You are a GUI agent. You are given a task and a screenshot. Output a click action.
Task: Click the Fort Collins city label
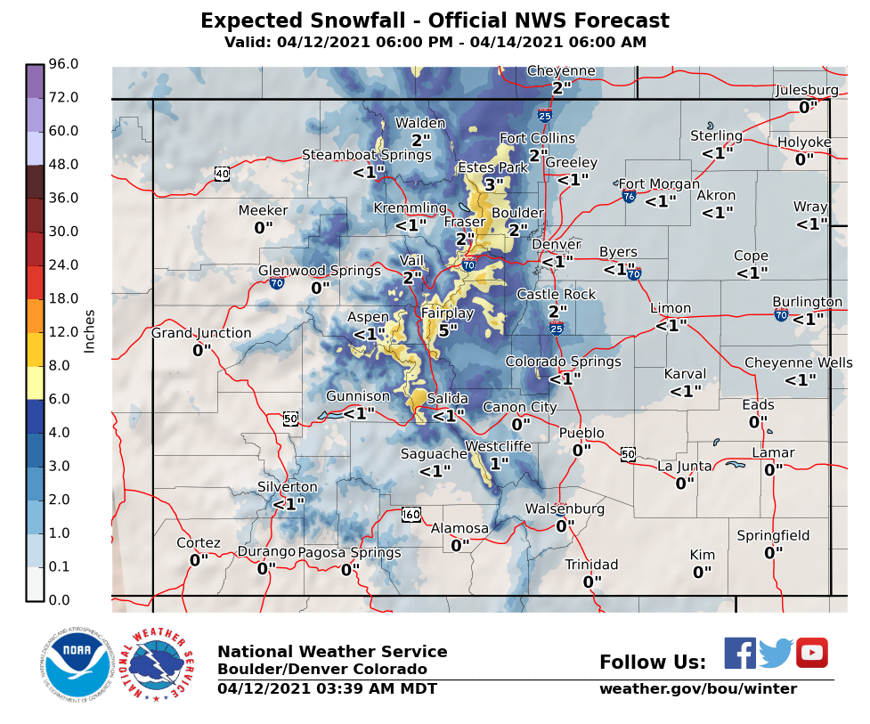pyautogui.click(x=537, y=138)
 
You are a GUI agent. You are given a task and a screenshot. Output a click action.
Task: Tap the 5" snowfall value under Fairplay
pyautogui.click(x=448, y=329)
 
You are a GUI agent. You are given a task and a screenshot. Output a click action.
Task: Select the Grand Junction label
pyautogui.click(x=201, y=333)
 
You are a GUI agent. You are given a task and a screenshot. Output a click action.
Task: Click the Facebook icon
pyautogui.click(x=739, y=653)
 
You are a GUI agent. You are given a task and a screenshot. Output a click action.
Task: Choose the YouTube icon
pyautogui.click(x=811, y=653)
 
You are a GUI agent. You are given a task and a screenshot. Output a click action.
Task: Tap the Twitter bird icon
pyautogui.click(x=776, y=654)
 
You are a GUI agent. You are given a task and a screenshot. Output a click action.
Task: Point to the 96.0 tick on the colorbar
pyautogui.click(x=64, y=64)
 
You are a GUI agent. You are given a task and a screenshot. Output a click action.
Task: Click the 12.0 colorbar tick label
pyautogui.click(x=64, y=331)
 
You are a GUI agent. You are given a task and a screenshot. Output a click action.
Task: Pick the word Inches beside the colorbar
pyautogui.click(x=89, y=331)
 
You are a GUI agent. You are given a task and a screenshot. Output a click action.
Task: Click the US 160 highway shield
pyautogui.click(x=411, y=514)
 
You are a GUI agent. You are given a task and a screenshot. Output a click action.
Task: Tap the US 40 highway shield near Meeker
pyautogui.click(x=222, y=173)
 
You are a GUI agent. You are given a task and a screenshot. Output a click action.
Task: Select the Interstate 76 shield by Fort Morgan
pyautogui.click(x=629, y=195)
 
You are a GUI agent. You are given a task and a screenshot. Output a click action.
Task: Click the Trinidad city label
pyautogui.click(x=591, y=565)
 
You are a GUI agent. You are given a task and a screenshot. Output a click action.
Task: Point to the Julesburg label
pyautogui.click(x=807, y=90)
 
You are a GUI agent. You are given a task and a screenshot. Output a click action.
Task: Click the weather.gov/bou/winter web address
pyautogui.click(x=697, y=688)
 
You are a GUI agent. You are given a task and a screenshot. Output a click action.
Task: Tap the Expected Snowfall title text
pyautogui.click(x=435, y=21)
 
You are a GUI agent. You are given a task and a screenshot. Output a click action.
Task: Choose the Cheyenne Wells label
pyautogui.click(x=798, y=362)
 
